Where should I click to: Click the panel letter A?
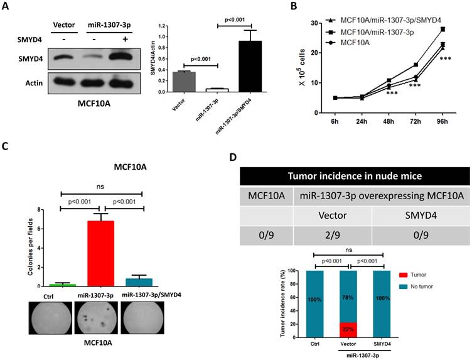7,8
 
